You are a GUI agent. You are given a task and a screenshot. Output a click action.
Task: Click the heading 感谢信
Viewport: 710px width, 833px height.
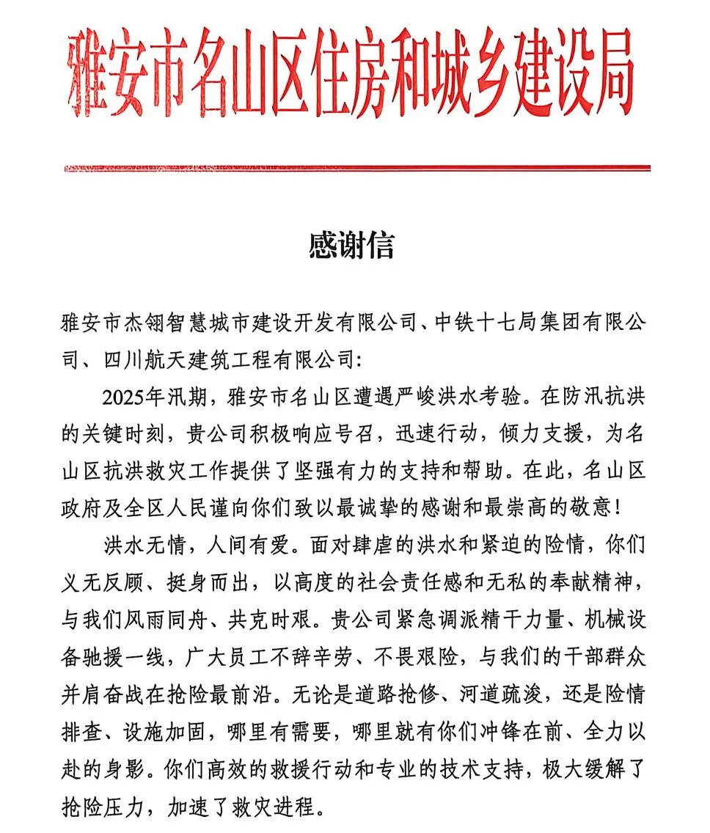351,246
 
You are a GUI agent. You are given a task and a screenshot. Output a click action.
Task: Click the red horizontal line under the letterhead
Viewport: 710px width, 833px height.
357,169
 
